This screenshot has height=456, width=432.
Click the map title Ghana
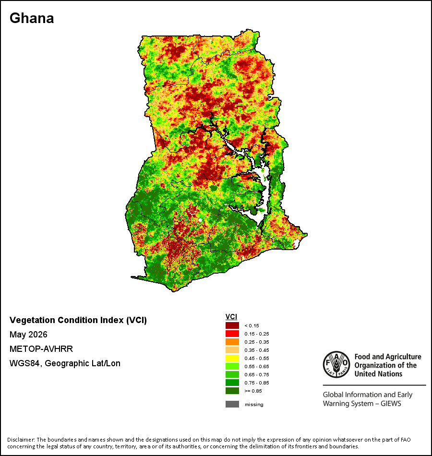click(x=32, y=18)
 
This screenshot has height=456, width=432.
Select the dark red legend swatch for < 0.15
click(x=232, y=325)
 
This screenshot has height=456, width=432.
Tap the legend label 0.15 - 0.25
click(x=257, y=334)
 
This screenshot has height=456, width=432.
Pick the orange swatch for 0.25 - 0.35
click(x=232, y=342)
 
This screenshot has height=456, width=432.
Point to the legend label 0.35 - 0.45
click(x=257, y=350)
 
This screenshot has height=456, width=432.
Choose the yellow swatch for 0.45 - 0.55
click(x=232, y=358)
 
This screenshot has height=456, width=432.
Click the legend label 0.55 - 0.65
click(x=257, y=366)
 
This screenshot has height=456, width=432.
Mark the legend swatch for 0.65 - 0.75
click(x=232, y=374)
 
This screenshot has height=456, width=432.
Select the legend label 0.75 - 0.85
click(x=257, y=383)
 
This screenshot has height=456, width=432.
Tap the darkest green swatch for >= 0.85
click(x=232, y=391)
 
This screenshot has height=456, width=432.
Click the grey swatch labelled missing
click(x=232, y=404)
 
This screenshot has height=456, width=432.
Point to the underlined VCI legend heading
click(x=231, y=317)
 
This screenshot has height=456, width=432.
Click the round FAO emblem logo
click(x=336, y=364)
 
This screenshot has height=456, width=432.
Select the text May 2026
click(x=28, y=335)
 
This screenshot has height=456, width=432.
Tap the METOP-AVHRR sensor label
click(x=41, y=348)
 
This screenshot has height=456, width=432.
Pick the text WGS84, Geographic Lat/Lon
click(x=65, y=363)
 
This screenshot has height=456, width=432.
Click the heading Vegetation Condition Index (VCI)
click(x=78, y=320)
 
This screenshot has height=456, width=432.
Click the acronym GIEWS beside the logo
click(x=391, y=404)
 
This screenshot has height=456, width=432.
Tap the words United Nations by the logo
click(x=378, y=374)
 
